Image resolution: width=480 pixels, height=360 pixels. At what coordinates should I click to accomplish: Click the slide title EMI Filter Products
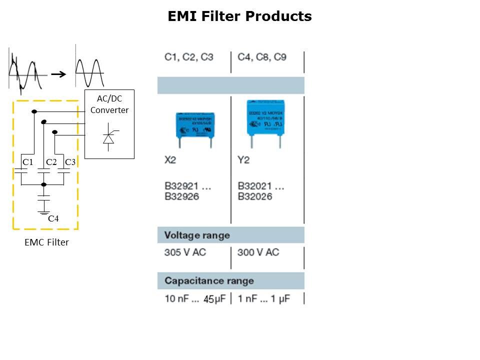(x=239, y=16)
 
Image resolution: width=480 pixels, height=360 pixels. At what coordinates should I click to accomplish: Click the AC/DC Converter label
(x=109, y=104)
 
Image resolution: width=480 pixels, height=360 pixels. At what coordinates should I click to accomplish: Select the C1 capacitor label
(x=27, y=162)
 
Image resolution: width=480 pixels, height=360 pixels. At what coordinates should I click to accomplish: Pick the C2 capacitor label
(x=51, y=162)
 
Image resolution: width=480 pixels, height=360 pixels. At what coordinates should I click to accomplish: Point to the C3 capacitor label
(x=70, y=162)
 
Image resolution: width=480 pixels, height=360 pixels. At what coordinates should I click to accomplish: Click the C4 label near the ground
(x=53, y=218)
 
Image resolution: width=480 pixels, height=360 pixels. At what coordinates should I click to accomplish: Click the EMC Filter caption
(x=46, y=242)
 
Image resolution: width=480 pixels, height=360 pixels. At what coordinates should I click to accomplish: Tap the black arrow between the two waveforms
(x=59, y=74)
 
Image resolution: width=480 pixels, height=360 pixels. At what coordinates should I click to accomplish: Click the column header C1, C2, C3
(x=189, y=57)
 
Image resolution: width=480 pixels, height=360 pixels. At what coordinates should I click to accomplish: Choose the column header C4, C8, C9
(x=262, y=57)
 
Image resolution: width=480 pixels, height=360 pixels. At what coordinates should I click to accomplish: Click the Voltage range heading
(x=197, y=235)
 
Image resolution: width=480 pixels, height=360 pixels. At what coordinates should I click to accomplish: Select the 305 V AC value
(x=185, y=252)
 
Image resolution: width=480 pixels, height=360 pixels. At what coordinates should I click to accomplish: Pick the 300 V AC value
(x=258, y=252)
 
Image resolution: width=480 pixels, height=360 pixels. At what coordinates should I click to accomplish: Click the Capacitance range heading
(x=209, y=280)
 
